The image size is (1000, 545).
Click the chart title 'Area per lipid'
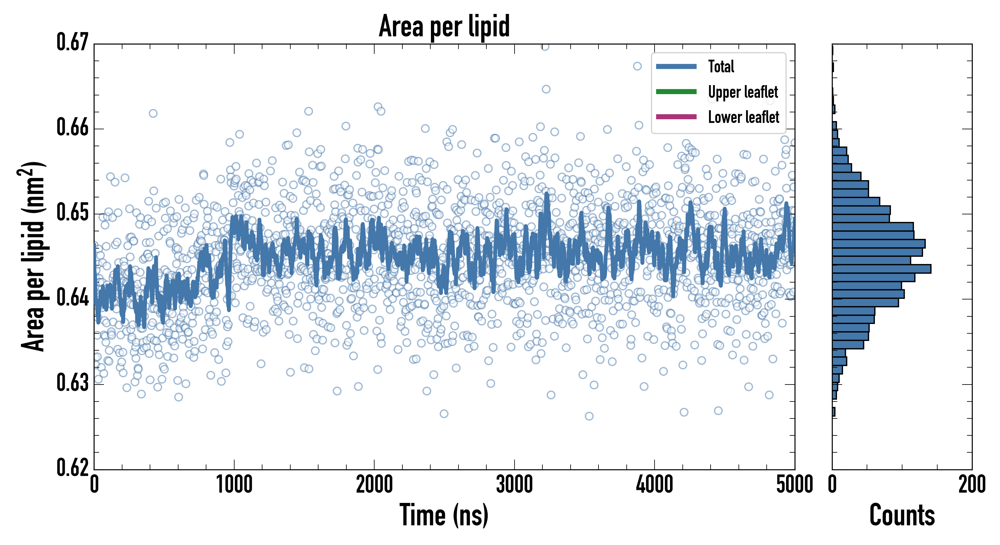(444, 26)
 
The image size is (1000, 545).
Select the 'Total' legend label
(721, 66)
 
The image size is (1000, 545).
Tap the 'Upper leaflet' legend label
(743, 92)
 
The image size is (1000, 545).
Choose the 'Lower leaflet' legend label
(743, 117)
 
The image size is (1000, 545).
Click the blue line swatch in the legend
(676, 66)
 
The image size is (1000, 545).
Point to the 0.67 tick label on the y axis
(73, 42)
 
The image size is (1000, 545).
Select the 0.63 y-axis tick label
(73, 383)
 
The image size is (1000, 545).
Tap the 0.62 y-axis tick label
(73, 467)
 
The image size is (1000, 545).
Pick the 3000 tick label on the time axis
(514, 485)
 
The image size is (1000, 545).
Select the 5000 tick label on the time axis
(794, 485)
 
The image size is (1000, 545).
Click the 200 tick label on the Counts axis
(972, 485)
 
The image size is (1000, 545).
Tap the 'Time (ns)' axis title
(444, 515)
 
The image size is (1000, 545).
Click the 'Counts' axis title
(902, 515)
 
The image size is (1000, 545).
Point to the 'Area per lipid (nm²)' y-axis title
(33, 256)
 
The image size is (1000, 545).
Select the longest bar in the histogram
(881, 269)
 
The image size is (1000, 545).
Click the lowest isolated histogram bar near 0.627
(833, 412)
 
